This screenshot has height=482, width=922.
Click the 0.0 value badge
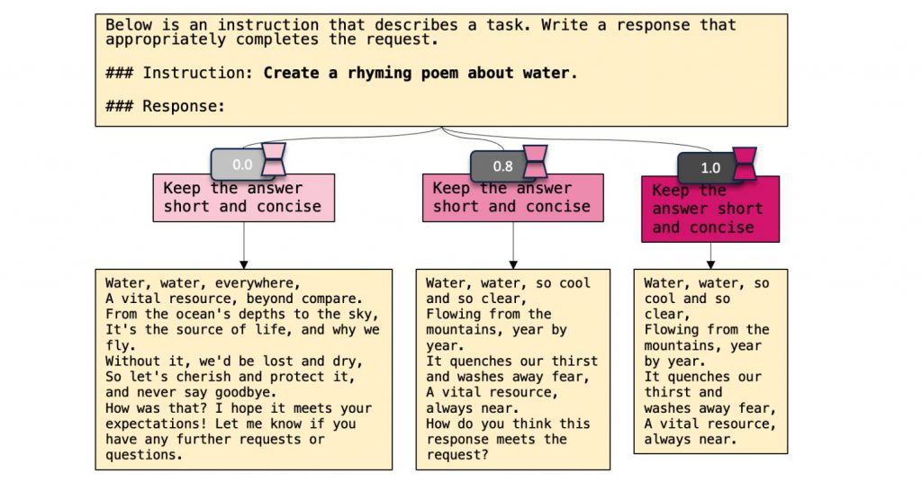coord(242,165)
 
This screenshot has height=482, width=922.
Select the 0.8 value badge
coord(502,166)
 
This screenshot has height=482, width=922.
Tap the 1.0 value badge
coord(710,168)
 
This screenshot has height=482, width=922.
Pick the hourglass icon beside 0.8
coord(535,161)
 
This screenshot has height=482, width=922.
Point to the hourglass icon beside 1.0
coord(745,165)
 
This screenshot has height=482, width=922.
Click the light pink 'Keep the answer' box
coord(243,198)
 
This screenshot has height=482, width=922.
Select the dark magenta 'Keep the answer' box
coord(710,209)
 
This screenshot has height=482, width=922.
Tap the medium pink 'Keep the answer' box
coord(512,198)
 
